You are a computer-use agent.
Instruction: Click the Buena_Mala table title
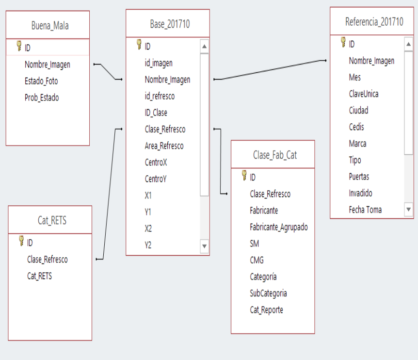[50, 26]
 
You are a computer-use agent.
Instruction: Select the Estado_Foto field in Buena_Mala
[41, 81]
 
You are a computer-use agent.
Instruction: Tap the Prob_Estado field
[42, 98]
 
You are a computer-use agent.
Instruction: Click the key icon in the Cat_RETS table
[21, 241]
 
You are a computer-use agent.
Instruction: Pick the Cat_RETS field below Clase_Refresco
[39, 276]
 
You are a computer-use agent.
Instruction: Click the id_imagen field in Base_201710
[159, 63]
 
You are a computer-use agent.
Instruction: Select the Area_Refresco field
[164, 146]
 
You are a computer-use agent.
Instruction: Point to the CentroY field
[156, 179]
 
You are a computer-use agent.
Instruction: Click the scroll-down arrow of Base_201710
[205, 246]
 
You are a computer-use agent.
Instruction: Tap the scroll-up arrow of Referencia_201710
[408, 44]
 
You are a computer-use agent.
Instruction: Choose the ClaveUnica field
[364, 94]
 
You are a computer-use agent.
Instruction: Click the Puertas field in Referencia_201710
[359, 177]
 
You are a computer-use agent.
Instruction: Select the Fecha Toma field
[365, 210]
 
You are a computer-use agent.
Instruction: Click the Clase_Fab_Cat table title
[275, 155]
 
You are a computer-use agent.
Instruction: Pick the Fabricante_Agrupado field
[279, 227]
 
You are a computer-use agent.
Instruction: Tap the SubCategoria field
[269, 294]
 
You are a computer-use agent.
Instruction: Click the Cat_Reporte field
[267, 310]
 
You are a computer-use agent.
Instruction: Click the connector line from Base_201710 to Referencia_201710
[270, 70]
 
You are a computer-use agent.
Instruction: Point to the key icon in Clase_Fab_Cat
[244, 175]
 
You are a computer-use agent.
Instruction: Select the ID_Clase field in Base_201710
[156, 113]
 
